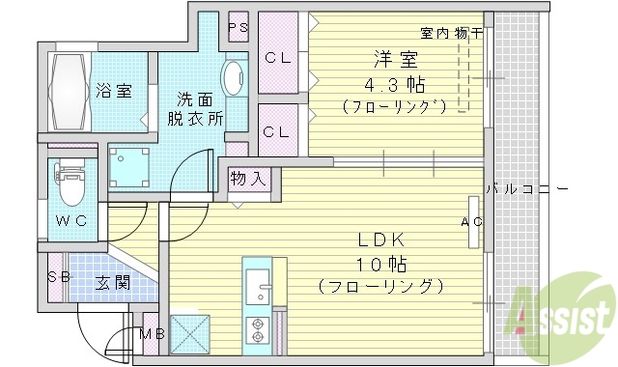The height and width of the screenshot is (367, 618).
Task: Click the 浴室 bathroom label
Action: tap(114, 92)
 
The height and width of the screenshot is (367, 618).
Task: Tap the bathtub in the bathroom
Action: tap(67, 91)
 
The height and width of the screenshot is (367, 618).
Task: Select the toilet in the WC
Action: tap(70, 183)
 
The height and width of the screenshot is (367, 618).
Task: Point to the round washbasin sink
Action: tap(234, 77)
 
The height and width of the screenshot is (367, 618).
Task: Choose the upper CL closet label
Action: tap(278, 58)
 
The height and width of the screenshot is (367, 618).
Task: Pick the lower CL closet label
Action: tap(278, 132)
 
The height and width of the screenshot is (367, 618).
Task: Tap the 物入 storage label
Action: tap(248, 179)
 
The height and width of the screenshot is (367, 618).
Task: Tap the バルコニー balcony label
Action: tap(526, 188)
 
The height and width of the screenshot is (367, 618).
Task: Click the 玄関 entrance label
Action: tap(113, 284)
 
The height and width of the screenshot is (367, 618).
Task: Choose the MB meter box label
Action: tap(152, 335)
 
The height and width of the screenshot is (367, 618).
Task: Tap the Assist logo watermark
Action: tap(566, 311)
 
